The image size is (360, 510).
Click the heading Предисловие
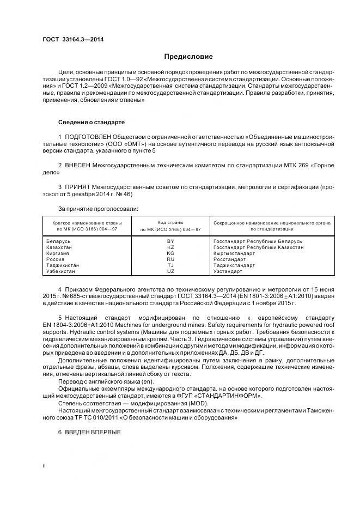(x=188, y=57)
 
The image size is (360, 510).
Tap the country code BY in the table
(x=170, y=241)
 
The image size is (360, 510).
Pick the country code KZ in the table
(x=170, y=247)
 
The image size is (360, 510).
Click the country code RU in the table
(x=170, y=259)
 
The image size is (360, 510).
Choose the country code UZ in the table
(x=170, y=271)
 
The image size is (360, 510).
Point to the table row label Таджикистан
(x=63, y=265)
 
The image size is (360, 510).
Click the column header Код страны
(x=170, y=223)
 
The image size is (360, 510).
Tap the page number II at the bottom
(x=45, y=466)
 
